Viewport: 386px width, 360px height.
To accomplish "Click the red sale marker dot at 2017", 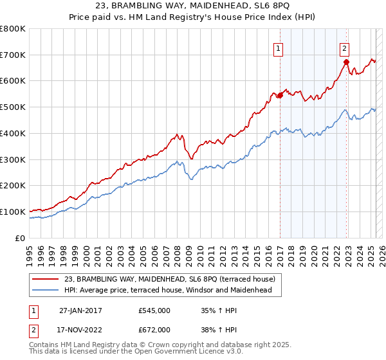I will click(280, 96).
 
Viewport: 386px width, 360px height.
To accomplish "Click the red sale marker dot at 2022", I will click(346, 62).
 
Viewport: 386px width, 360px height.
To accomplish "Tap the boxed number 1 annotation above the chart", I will click(279, 47).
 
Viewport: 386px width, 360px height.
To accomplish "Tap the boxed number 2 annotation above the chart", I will click(345, 47).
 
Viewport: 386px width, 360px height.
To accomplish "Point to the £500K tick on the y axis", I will click(14, 107).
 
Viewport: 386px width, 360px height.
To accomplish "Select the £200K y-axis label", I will click(14, 186).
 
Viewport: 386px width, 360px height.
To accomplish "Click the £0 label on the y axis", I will click(21, 238).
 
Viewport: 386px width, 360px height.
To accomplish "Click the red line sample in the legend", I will click(46, 279).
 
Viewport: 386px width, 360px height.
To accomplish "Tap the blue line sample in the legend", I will click(46, 291).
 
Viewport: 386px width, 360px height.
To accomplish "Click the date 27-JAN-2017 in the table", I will click(80, 310).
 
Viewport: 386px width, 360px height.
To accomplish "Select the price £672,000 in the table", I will click(154, 330).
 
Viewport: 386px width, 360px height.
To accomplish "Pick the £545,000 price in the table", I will click(154, 310).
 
